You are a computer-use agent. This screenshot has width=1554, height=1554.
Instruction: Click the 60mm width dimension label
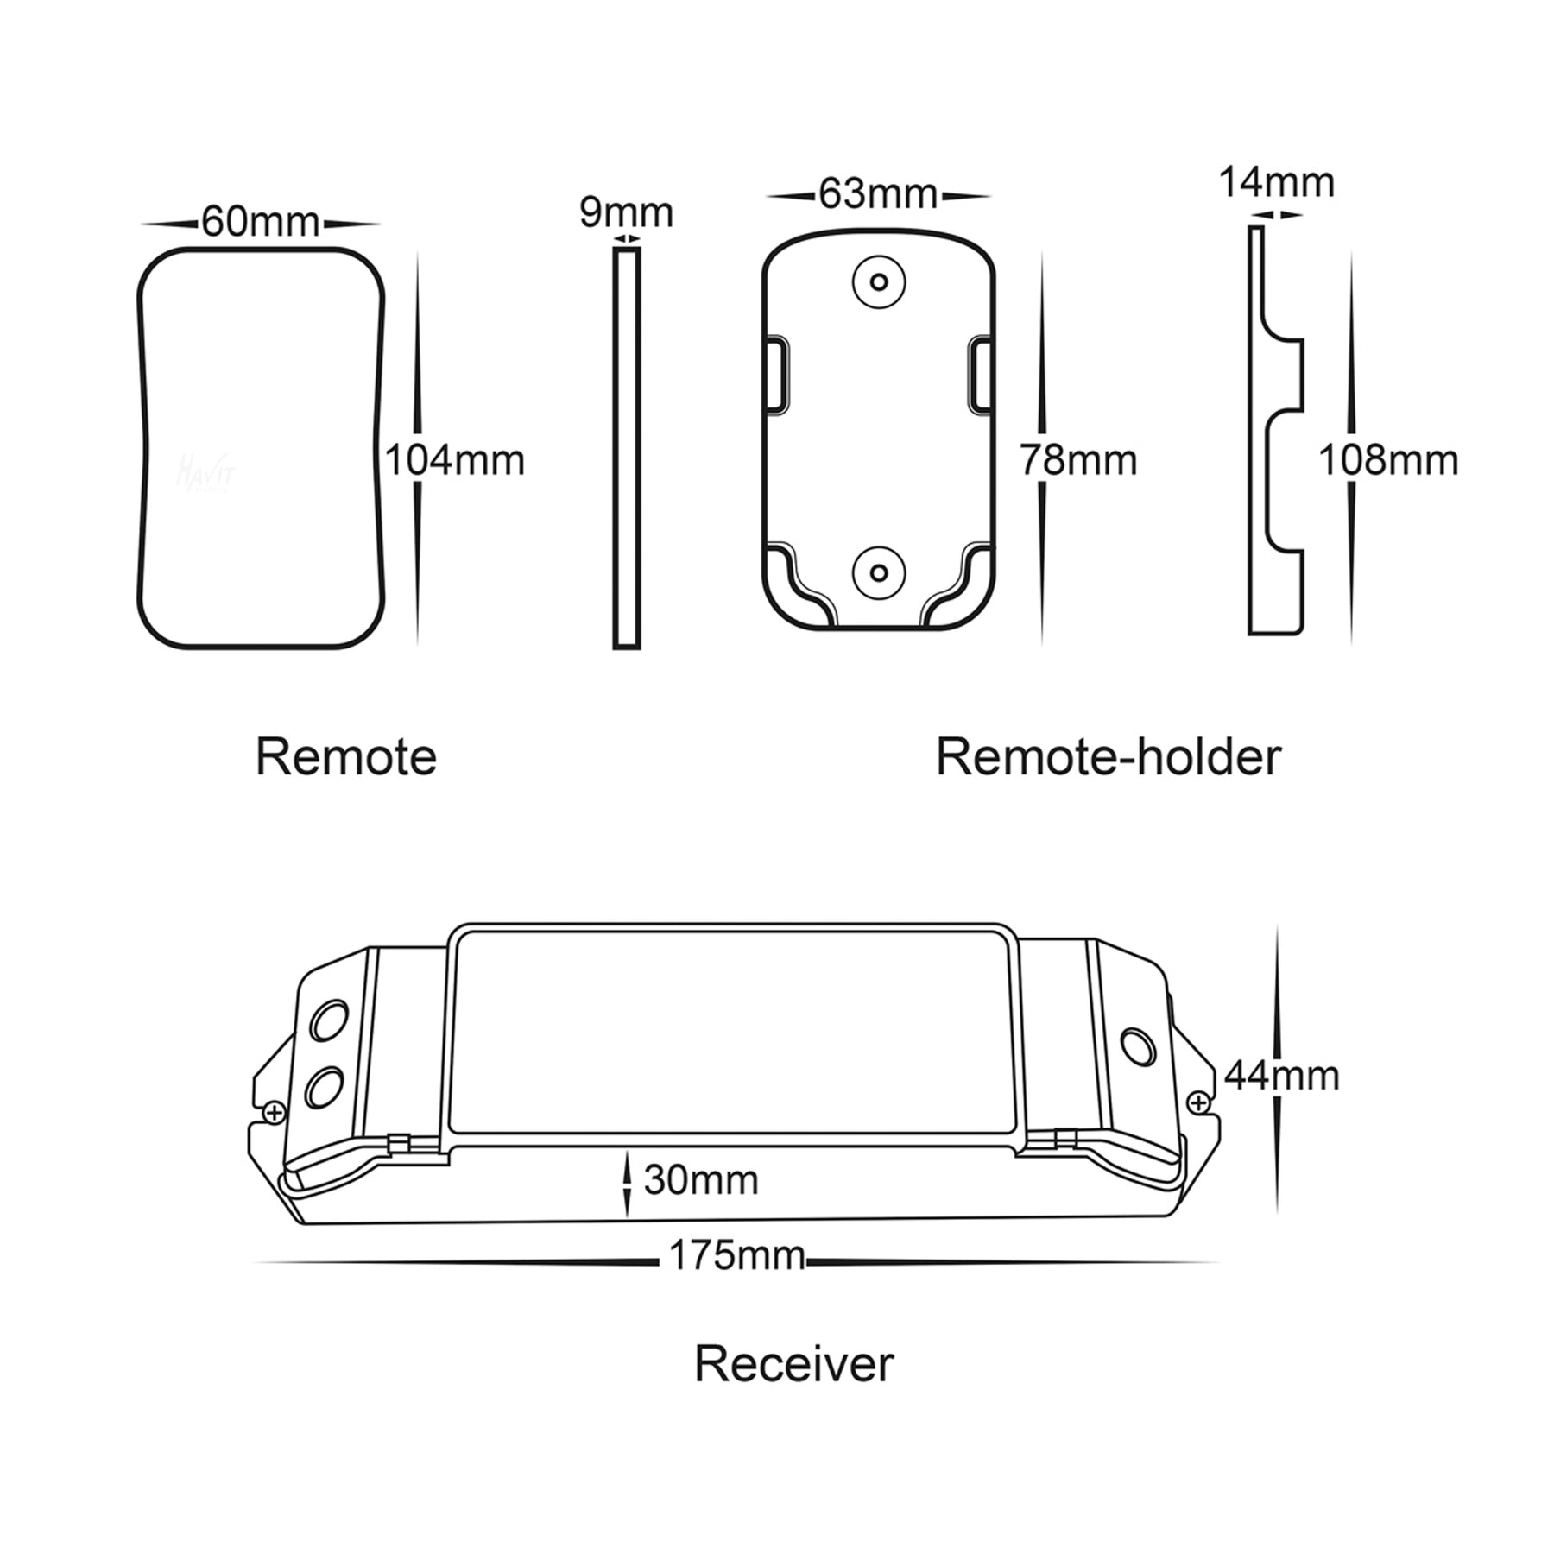click(261, 222)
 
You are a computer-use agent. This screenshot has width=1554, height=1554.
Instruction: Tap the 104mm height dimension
click(454, 460)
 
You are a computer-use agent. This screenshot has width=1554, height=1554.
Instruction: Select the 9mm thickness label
click(626, 212)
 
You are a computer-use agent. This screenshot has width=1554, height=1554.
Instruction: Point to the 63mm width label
click(878, 193)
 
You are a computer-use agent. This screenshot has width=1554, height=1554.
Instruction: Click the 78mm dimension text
click(1078, 460)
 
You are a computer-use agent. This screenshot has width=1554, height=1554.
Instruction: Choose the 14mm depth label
click(1276, 183)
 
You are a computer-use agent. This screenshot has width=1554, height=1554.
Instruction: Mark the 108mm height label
click(1388, 460)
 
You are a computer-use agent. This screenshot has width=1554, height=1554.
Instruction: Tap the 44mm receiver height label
click(1282, 1076)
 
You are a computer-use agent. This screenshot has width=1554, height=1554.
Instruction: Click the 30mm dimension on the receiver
click(701, 1180)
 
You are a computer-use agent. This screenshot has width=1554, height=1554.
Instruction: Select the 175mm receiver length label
click(736, 1255)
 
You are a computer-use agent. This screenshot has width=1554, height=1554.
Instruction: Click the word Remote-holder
click(1109, 757)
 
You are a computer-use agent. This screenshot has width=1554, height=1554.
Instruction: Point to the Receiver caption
click(793, 1365)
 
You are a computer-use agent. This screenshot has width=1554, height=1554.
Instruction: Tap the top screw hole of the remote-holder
click(879, 281)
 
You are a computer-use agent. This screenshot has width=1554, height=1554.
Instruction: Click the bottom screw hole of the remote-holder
click(879, 572)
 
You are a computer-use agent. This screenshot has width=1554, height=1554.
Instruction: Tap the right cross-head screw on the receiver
click(1198, 1102)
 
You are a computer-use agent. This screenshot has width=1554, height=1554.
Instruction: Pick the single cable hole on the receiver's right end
click(1138, 1046)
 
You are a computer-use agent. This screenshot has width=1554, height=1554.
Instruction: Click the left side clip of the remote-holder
click(774, 375)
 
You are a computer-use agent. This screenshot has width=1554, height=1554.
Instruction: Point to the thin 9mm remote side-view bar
click(627, 447)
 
